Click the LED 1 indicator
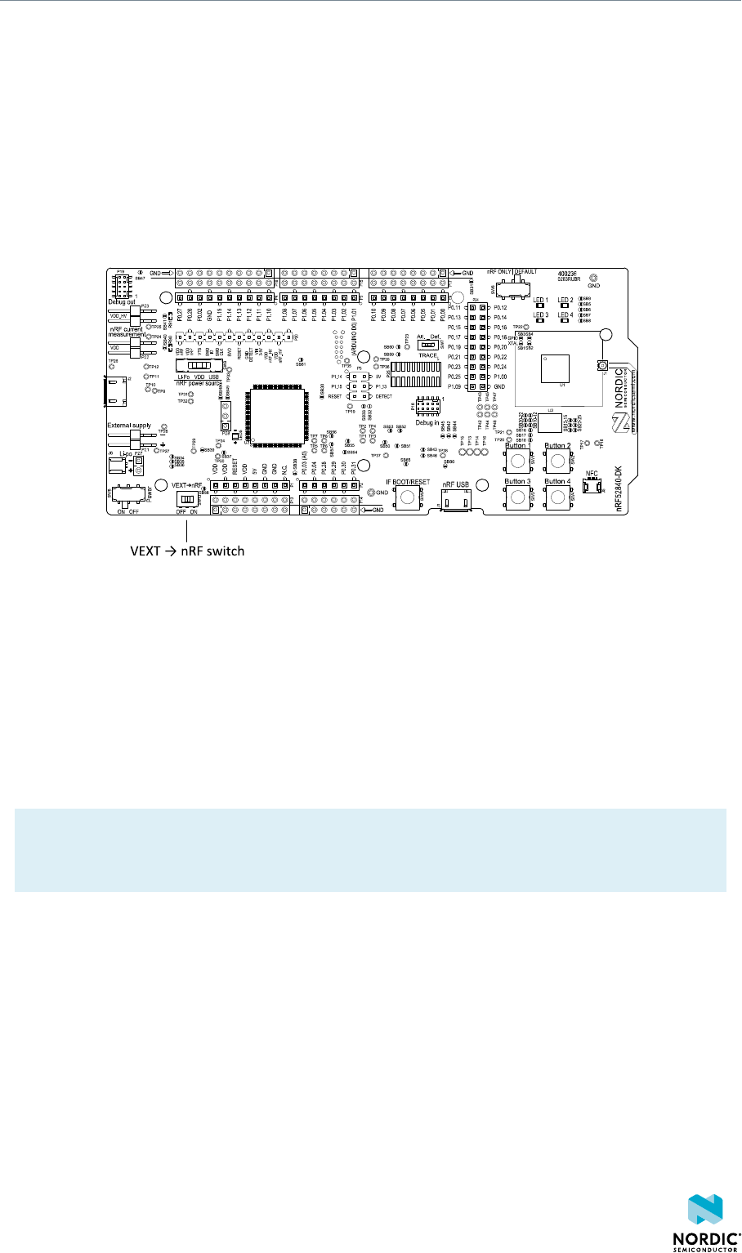[x=540, y=308]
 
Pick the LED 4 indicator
[x=565, y=323]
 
